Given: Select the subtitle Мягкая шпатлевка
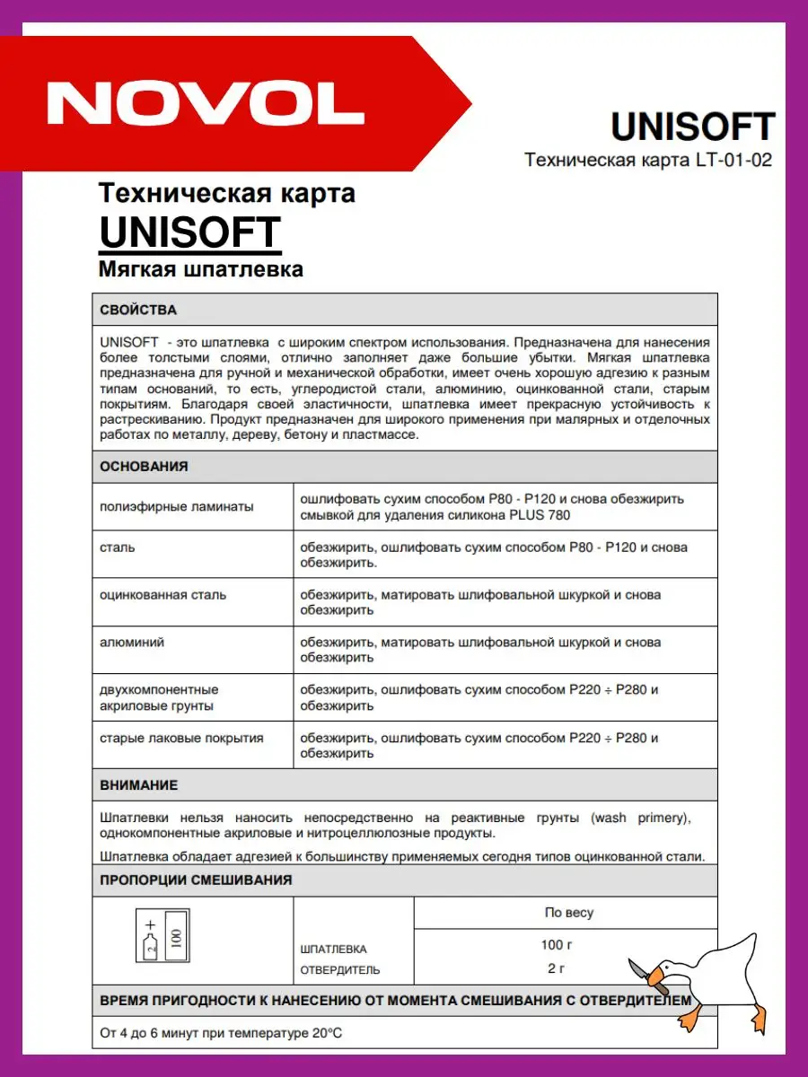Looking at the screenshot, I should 200,269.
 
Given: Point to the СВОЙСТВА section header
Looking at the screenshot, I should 138,310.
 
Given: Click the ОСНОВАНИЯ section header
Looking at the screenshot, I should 144,466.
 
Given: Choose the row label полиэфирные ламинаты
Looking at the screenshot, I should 177,506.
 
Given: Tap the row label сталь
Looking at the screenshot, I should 118,547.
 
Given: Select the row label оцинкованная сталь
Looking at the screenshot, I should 163,594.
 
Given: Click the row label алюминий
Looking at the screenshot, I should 132,642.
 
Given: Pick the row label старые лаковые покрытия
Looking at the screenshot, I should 182,738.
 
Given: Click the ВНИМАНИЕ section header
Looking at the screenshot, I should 138,784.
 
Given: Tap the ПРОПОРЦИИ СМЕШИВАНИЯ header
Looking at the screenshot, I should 196,880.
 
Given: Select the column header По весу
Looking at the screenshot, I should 568,913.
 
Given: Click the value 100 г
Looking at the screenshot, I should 556,944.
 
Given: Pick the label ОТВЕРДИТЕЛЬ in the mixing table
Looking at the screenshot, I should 339,969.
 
